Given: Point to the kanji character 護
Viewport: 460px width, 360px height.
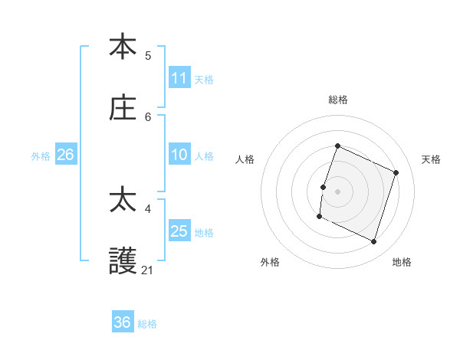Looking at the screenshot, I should click(123, 262).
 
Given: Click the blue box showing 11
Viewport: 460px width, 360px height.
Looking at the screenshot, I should click(179, 78).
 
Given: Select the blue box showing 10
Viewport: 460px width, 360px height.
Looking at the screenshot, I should click(179, 155).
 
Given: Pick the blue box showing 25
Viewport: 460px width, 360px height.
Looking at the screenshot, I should click(179, 231).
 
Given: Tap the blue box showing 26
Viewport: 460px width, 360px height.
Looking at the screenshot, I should click(65, 155).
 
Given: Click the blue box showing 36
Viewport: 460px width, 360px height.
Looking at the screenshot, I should click(123, 322).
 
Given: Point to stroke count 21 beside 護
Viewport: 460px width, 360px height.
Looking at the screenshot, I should click(148, 270).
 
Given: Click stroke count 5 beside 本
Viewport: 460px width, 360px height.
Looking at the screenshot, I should click(148, 55).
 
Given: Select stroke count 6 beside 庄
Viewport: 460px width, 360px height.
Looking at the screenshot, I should click(148, 116).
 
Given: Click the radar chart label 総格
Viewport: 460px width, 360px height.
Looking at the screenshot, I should click(337, 100).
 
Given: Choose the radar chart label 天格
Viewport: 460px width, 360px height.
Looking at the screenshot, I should click(431, 159).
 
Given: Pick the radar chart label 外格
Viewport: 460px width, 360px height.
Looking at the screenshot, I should click(270, 263).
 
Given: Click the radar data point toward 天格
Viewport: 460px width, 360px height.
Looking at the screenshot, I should click(396, 172).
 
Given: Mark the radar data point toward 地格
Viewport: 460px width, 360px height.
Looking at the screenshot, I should click(374, 242).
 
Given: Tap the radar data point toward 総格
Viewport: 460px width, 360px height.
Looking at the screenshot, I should click(337, 146).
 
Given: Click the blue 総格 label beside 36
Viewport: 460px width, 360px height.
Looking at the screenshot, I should click(147, 324).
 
